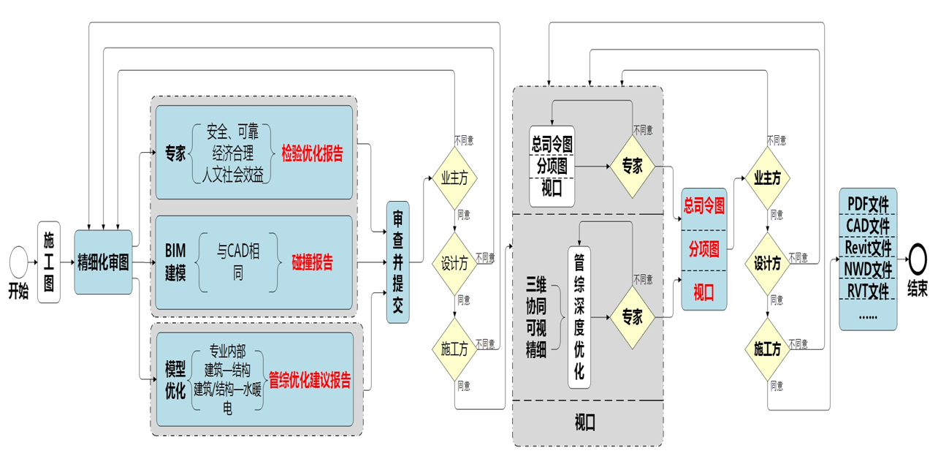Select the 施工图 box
coord(49,262)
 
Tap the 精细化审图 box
coord(103,262)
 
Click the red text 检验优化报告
coord(312,154)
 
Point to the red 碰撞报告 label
coord(313,262)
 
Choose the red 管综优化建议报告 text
coord(310,380)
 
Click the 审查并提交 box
coord(398,262)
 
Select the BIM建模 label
coord(175,262)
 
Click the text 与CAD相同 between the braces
coord(238,262)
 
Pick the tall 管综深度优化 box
coord(579,316)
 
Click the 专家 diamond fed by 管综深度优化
coord(632,316)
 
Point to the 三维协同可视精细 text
coord(536,316)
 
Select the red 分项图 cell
coord(704,248)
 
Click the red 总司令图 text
coord(704,206)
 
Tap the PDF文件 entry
coord(868,202)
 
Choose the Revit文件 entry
coord(868,247)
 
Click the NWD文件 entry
coord(868,269)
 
